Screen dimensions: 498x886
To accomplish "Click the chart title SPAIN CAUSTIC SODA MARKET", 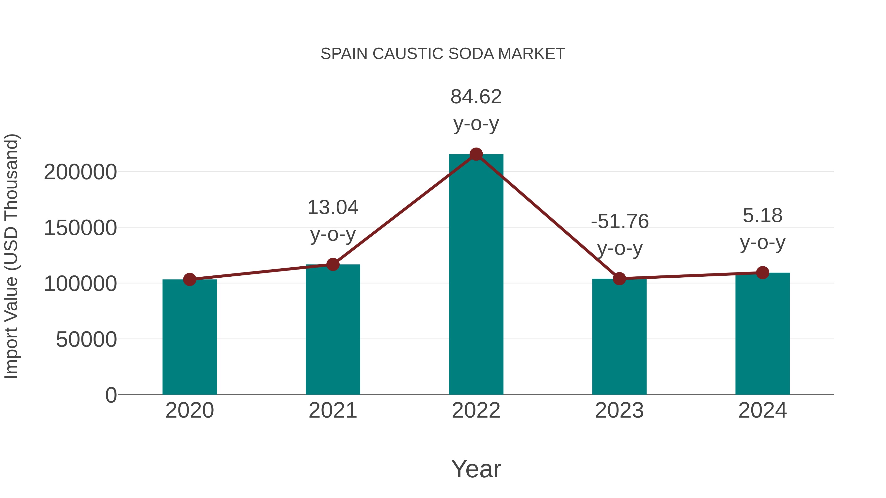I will click(x=443, y=54).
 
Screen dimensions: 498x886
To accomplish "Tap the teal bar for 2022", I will click(x=476, y=275).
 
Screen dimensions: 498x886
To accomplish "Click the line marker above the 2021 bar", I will click(x=332, y=264).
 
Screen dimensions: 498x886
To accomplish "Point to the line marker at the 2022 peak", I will click(x=476, y=154).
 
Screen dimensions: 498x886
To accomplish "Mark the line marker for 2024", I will click(x=762, y=272).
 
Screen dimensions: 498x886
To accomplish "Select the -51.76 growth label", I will click(x=619, y=235).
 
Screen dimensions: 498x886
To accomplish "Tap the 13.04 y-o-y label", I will click(x=332, y=221).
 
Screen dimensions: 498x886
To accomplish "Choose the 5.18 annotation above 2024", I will click(x=762, y=229).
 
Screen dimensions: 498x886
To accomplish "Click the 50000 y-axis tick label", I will click(x=86, y=340).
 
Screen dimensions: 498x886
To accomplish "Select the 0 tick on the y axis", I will click(x=111, y=395).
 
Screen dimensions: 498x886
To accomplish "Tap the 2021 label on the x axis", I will click(x=332, y=410).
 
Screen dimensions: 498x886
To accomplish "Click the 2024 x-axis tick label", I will click(x=762, y=410).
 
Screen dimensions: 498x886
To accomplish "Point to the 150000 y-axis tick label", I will click(x=80, y=228).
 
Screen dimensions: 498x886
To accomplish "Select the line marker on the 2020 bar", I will click(x=190, y=279).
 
